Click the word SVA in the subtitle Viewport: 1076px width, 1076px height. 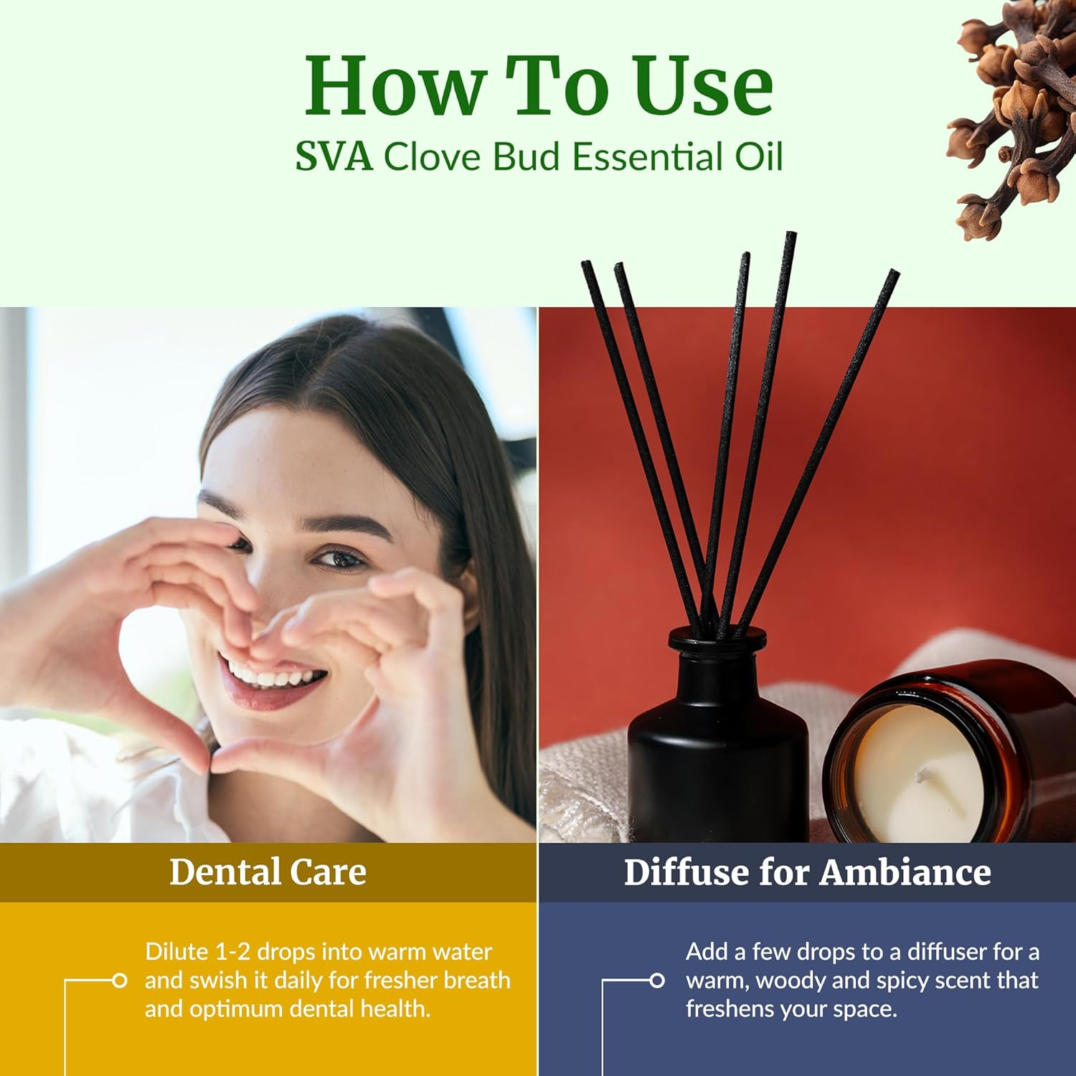[x=334, y=157]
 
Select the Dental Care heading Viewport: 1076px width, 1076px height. [x=268, y=872]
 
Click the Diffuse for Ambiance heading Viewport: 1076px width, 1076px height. [x=807, y=872]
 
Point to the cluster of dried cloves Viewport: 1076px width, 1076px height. [x=1011, y=115]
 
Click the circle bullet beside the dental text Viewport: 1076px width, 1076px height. [x=119, y=980]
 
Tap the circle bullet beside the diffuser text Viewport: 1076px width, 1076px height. [x=656, y=980]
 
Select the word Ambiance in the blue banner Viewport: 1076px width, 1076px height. [x=905, y=872]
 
